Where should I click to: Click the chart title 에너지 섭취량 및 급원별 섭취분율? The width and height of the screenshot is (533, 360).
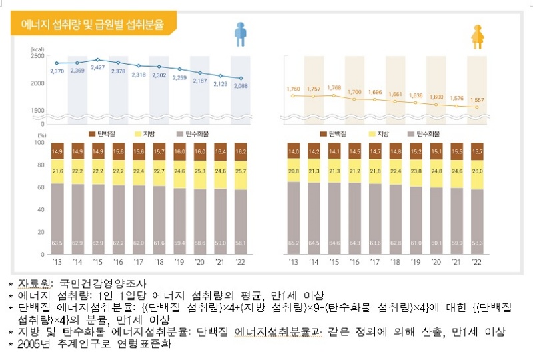[x=96, y=25]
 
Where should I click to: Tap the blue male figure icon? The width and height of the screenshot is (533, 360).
[x=241, y=34]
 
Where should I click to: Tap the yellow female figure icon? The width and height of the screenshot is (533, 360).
[x=477, y=35]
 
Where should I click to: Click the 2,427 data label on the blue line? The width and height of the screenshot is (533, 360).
[x=98, y=67]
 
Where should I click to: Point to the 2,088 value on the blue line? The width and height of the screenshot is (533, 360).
[x=241, y=86]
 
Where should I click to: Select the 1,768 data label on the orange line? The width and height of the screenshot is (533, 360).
[x=334, y=88]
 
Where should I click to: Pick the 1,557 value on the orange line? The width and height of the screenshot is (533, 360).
[x=476, y=100]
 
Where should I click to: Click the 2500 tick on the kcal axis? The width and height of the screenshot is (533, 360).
[x=37, y=56]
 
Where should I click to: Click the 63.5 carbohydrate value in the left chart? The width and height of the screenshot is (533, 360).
[x=57, y=245]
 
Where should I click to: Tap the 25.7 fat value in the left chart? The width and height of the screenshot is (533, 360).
[x=240, y=171]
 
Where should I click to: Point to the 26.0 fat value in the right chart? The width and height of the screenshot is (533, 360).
[x=476, y=171]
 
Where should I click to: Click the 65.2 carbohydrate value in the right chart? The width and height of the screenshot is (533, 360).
[x=294, y=245]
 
